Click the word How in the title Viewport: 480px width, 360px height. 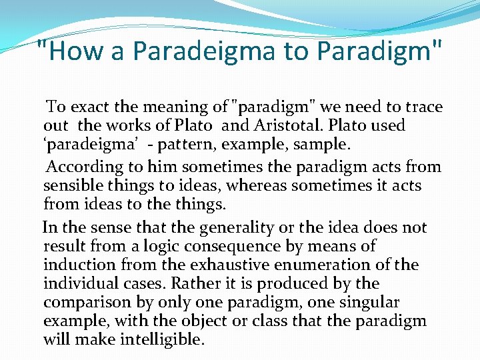(74, 51)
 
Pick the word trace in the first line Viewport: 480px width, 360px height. (425, 107)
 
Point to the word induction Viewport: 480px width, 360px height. (74, 265)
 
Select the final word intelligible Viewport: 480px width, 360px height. (160, 340)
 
